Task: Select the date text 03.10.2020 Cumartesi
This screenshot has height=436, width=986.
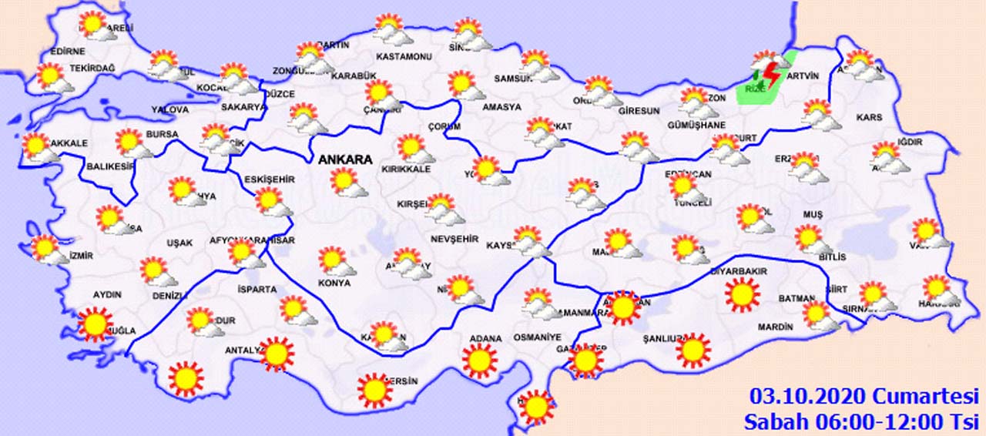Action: coord(863,397)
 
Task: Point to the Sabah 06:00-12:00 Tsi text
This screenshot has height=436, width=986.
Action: coord(860,421)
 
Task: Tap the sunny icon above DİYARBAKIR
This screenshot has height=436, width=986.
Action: coord(743,295)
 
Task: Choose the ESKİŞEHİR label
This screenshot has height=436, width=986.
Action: coord(270,179)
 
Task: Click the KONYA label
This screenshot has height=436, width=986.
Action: coord(334,283)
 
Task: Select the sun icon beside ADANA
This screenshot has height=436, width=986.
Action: coord(480,360)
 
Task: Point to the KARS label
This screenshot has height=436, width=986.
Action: coord(869,118)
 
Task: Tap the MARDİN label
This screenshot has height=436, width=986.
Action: coord(775,327)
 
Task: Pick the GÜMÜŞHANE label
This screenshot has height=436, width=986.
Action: coord(697,125)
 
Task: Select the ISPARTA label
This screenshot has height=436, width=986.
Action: coord(258,290)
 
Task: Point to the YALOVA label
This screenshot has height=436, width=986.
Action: coord(169,110)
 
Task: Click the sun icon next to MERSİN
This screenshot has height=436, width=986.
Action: coord(375,390)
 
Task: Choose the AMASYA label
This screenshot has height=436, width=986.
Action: coord(501,107)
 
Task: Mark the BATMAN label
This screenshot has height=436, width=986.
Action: coord(797,299)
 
